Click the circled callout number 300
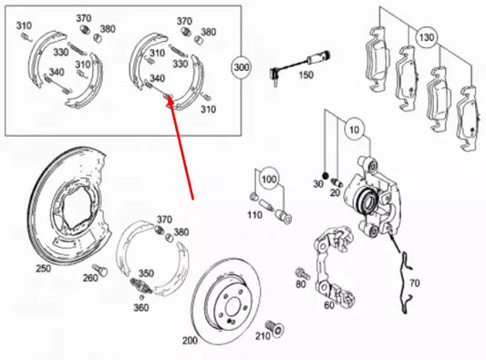click(242, 67)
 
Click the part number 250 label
click(43, 269)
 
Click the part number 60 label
click(328, 304)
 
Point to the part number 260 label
click(89, 278)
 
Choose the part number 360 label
click(140, 307)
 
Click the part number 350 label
click(145, 273)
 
